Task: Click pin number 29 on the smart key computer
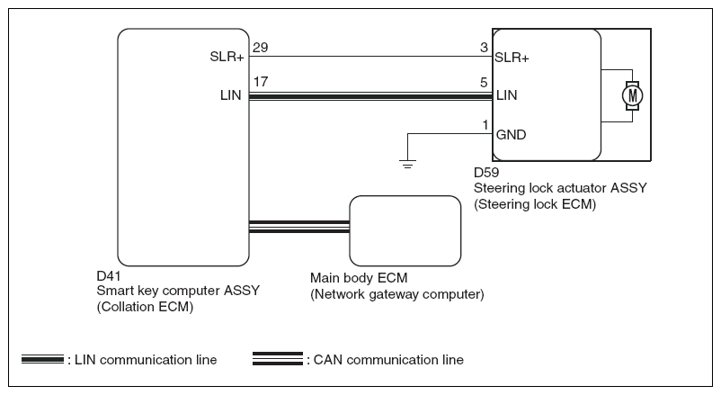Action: pyautogui.click(x=261, y=46)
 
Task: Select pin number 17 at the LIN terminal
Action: pyautogui.click(x=261, y=82)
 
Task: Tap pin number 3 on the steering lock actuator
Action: pyautogui.click(x=485, y=46)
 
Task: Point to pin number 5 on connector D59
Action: pyautogui.click(x=485, y=82)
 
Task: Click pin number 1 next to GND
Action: pyautogui.click(x=486, y=123)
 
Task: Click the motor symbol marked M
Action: pyautogui.click(x=634, y=94)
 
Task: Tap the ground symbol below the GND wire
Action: pyautogui.click(x=408, y=164)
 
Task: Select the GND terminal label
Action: pyautogui.click(x=511, y=135)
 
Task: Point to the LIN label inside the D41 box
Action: pyautogui.click(x=230, y=94)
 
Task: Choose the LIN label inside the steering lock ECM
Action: pyautogui.click(x=506, y=94)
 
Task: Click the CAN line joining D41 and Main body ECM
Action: pyautogui.click(x=298, y=227)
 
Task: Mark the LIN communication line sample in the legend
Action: pyautogui.click(x=43, y=360)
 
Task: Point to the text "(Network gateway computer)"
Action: pyautogui.click(x=396, y=294)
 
